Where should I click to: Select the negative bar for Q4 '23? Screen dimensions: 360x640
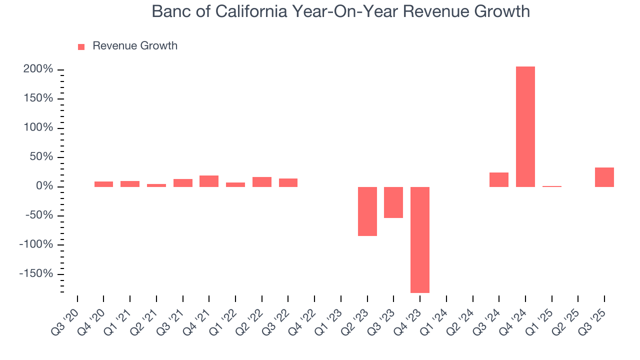[419, 239]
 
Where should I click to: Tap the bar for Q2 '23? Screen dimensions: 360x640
[367, 211]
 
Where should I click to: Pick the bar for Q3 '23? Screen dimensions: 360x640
[393, 202]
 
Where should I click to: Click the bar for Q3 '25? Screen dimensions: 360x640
[604, 177]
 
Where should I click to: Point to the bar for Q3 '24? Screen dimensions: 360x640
[498, 179]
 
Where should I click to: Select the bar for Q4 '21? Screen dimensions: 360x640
[209, 181]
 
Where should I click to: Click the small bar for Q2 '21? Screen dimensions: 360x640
[156, 185]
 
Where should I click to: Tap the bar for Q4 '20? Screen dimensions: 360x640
[103, 184]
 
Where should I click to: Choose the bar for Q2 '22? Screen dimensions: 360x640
[261, 181]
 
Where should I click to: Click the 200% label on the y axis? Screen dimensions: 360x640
[38, 69]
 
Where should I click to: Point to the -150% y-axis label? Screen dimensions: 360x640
[36, 273]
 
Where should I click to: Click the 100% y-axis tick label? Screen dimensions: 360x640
[38, 127]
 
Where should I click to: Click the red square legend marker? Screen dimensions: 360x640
[81, 46]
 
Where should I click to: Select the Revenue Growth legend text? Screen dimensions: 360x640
[135, 46]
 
